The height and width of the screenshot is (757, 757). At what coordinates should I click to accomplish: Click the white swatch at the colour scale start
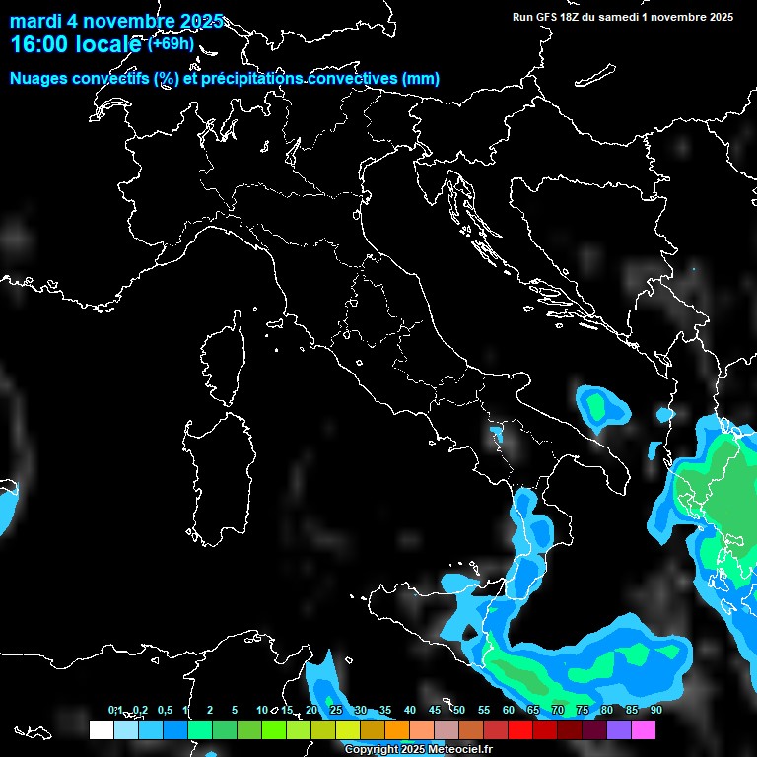[101, 730]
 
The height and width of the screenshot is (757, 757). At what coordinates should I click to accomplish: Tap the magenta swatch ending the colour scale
[644, 730]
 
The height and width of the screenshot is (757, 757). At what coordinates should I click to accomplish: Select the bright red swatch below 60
[520, 730]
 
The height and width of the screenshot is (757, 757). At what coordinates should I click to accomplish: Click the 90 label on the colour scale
[656, 711]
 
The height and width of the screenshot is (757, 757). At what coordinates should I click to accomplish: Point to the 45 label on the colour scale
[435, 711]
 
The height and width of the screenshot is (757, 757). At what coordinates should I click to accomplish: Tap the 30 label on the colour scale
[361, 711]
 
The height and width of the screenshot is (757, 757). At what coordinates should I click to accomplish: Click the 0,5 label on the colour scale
[164, 711]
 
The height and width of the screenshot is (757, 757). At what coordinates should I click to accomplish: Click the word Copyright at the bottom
[372, 750]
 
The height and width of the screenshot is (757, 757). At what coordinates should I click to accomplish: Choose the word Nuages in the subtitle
[38, 79]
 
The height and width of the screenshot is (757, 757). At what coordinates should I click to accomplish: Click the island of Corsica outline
[222, 360]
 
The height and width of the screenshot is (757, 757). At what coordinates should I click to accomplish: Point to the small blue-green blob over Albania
[600, 405]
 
